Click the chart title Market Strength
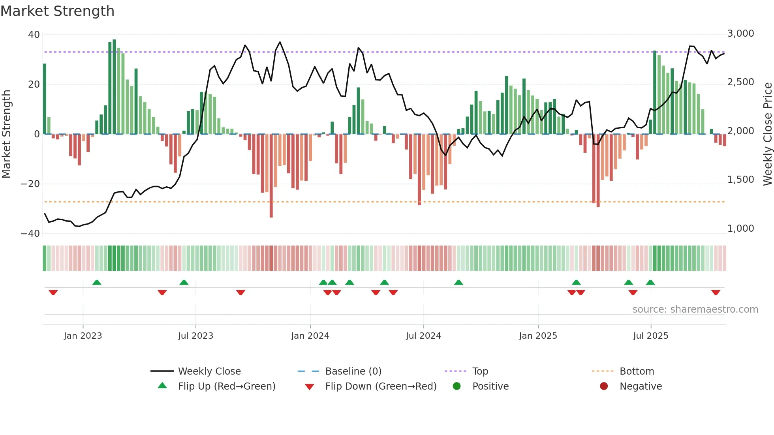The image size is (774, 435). click(57, 11)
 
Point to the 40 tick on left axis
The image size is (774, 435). click(34, 35)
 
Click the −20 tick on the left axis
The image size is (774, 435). click(30, 184)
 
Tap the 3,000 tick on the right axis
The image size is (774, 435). click(740, 34)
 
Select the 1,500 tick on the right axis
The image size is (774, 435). click(740, 180)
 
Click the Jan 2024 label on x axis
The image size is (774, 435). click(310, 336)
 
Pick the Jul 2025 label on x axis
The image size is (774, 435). click(650, 336)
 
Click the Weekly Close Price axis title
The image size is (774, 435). click(767, 134)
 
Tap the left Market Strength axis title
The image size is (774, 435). click(7, 134)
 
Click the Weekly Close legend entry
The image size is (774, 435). click(209, 371)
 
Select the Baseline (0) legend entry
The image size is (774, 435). click(353, 371)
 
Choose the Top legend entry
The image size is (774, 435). click(480, 371)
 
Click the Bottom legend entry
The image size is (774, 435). click(637, 371)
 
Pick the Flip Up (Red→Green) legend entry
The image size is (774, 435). click(226, 386)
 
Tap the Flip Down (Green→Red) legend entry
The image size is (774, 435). click(381, 386)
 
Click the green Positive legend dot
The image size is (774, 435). click(457, 386)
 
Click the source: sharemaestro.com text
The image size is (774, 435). click(695, 309)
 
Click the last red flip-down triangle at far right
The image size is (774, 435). click(716, 292)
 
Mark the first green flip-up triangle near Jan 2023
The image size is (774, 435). click(97, 282)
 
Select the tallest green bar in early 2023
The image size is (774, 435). click(114, 87)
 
